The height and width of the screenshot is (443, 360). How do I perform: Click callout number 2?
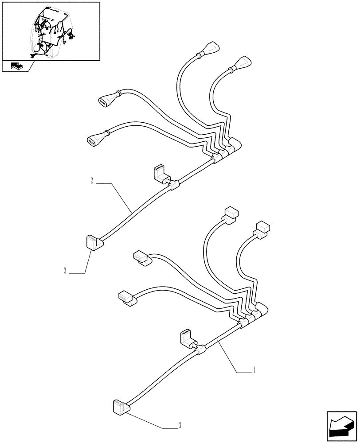click(92, 181)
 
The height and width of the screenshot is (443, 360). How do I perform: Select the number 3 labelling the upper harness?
click(65, 271)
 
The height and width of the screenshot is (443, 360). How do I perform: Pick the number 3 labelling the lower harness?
click(180, 426)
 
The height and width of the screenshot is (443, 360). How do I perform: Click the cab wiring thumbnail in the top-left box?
click(50, 31)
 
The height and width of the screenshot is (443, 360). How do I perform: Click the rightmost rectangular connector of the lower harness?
click(262, 228)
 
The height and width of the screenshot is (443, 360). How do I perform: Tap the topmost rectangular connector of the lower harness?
click(231, 213)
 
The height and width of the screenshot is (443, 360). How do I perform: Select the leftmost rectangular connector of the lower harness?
click(127, 299)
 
